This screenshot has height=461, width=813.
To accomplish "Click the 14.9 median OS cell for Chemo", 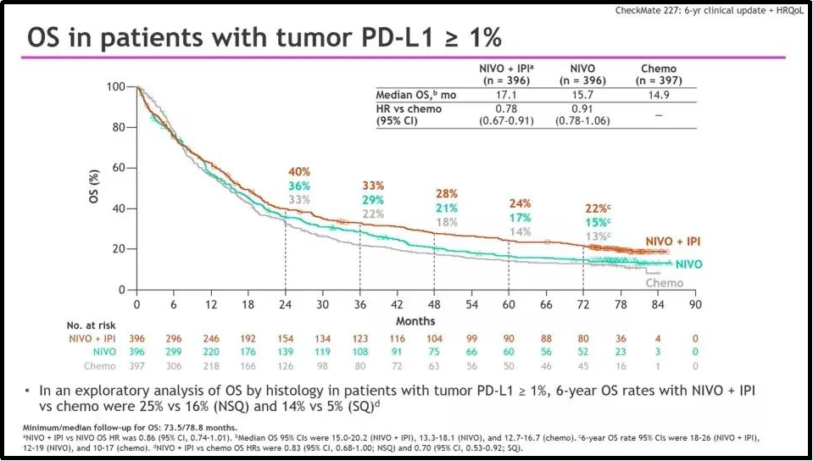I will pyautogui.click(x=658, y=95).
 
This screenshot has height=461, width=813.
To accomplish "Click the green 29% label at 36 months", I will pyautogui.click(x=374, y=199).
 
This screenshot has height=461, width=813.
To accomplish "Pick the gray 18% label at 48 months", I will pyautogui.click(x=447, y=222).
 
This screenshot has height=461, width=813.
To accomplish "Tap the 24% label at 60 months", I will pyautogui.click(x=521, y=203).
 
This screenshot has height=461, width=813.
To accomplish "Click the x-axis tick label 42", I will pyautogui.click(x=397, y=304).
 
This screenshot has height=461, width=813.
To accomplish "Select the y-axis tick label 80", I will pyautogui.click(x=114, y=128).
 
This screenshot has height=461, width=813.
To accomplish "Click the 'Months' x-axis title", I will pyautogui.click(x=415, y=320).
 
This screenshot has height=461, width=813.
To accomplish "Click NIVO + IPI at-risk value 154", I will pyautogui.click(x=286, y=338).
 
